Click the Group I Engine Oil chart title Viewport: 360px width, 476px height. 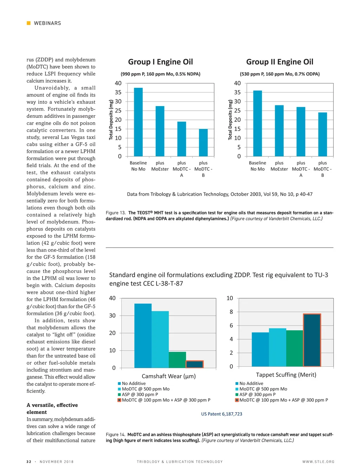(x=160, y=62)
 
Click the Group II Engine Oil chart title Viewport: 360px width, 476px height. (x=279, y=62)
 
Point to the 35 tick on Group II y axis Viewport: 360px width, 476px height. (x=237, y=92)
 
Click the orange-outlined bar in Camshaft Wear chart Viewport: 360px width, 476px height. (x=194, y=364)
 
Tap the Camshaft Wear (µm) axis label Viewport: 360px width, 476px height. (x=169, y=376)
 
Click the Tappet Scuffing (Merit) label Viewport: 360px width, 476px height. (x=286, y=375)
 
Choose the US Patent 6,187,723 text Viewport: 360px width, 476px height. (x=221, y=414)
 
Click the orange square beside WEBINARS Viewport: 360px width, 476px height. (x=28, y=23)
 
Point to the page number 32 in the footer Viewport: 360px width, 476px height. (x=29, y=462)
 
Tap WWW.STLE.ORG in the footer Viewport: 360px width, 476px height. (x=318, y=462)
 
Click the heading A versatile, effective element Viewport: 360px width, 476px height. (x=52, y=409)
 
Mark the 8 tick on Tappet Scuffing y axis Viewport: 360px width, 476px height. (x=231, y=312)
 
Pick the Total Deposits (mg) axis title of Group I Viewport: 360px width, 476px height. (x=111, y=120)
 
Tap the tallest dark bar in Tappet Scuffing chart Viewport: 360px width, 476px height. (x=312, y=340)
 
